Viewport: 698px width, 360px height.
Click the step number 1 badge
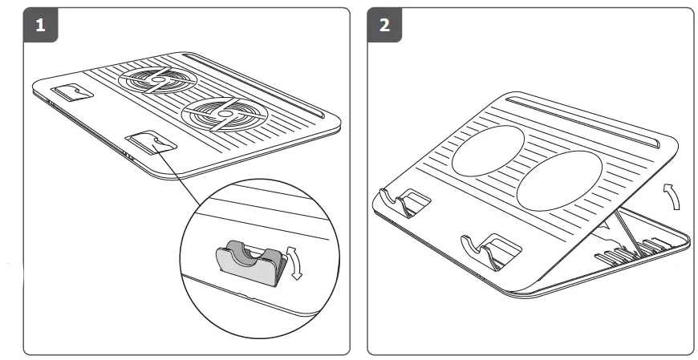[40, 25]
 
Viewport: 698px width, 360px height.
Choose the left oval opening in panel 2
[488, 150]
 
